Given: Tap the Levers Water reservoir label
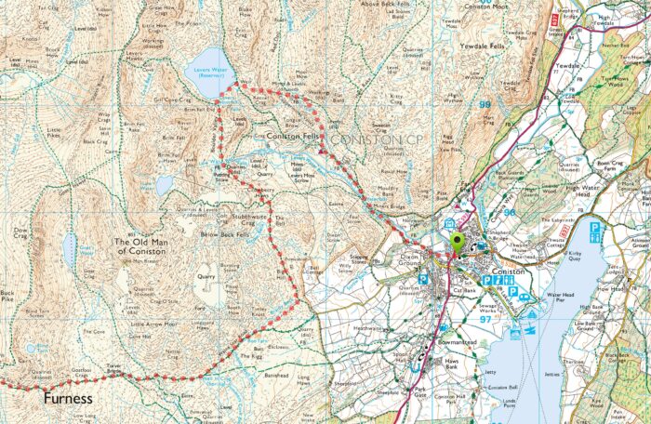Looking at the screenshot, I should point(208,73).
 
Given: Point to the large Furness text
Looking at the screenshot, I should point(68,398).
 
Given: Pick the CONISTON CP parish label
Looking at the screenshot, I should point(370,139).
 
